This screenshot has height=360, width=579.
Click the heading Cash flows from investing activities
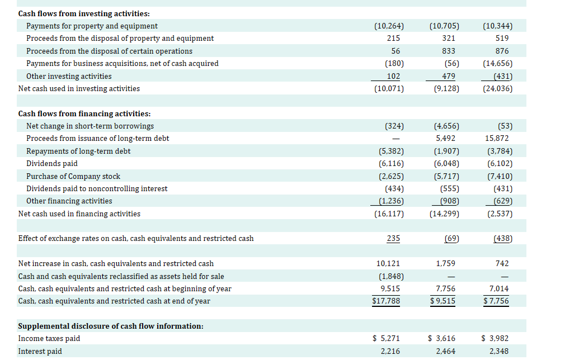84,13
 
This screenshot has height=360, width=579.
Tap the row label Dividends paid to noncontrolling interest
97,188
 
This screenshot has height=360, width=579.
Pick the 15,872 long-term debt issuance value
497,138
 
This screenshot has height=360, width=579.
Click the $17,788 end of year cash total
385,301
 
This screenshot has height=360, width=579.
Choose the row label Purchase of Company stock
73,176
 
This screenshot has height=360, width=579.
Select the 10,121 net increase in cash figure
388,263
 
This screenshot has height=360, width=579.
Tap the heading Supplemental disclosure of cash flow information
111,326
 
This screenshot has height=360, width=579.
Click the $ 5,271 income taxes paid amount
386,338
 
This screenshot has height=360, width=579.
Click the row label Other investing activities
69,76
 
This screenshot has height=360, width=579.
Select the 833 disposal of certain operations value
448,51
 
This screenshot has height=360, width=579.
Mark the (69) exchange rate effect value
451,239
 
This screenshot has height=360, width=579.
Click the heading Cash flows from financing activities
84,113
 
